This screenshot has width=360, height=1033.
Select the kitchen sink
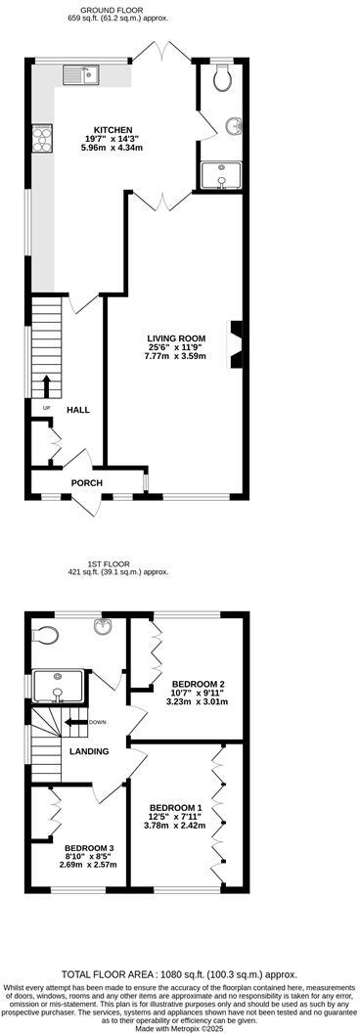click(80, 72)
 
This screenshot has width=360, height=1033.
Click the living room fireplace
click(235, 344)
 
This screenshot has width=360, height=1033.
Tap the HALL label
click(78, 410)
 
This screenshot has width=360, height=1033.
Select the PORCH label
click(86, 482)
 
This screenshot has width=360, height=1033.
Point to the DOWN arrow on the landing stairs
click(76, 722)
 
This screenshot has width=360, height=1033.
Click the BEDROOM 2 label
click(199, 683)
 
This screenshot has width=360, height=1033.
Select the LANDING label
click(88, 751)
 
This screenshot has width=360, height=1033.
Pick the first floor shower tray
click(58, 686)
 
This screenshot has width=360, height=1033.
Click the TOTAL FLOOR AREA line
click(179, 975)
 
